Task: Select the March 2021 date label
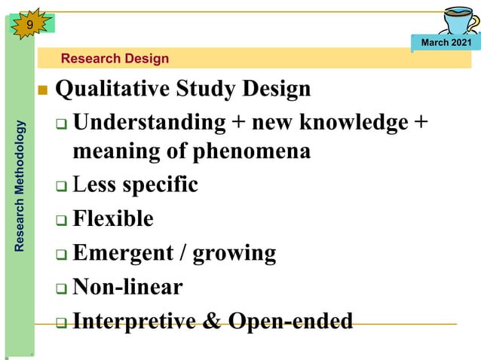click(x=446, y=42)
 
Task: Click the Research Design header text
click(x=115, y=58)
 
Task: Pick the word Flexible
click(x=113, y=219)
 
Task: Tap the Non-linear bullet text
click(x=127, y=287)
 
